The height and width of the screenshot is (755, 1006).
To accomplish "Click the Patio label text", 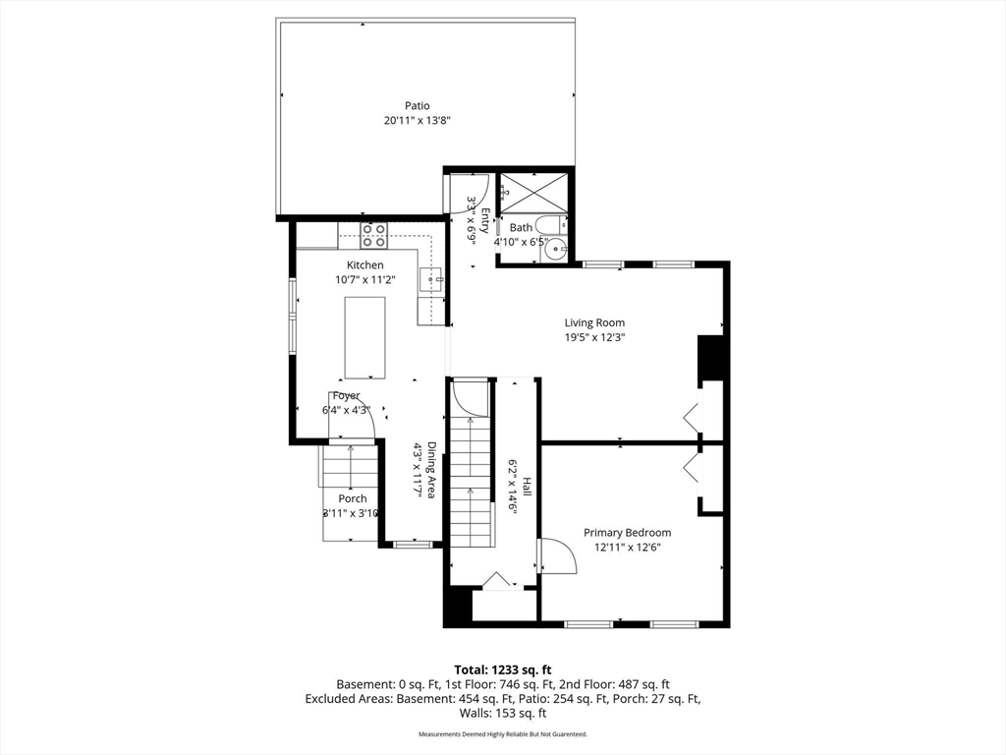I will (x=418, y=106).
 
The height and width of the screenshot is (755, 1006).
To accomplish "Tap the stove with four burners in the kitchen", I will (x=373, y=236).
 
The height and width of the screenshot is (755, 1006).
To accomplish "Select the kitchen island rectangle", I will (x=364, y=337).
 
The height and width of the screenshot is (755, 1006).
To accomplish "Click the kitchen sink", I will (x=432, y=280).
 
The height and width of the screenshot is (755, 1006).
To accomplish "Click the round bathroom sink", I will (x=556, y=250).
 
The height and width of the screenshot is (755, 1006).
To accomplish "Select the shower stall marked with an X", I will (x=533, y=191).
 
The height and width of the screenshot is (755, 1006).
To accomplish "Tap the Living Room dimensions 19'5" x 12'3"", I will (x=593, y=337).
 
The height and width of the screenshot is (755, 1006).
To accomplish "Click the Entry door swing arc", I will (x=475, y=190).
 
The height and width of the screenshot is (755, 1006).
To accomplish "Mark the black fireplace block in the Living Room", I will (x=710, y=360).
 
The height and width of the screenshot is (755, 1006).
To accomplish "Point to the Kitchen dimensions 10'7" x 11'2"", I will (x=364, y=279).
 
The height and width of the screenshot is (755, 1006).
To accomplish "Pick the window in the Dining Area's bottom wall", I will (x=413, y=544).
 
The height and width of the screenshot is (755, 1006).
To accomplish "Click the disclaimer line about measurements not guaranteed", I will (x=502, y=734).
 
